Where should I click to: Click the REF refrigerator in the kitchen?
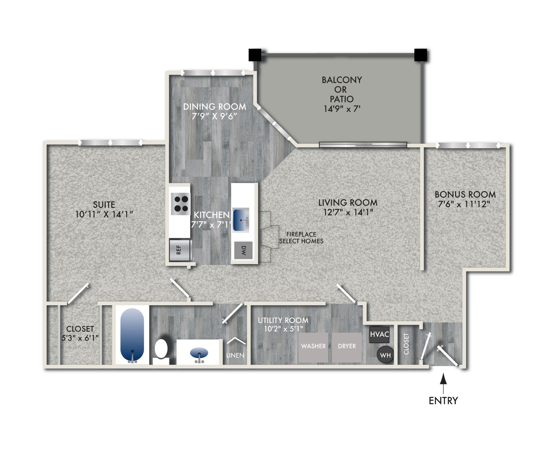[x=180, y=250]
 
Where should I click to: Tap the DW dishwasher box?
[x=243, y=250]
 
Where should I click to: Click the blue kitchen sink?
[x=241, y=220]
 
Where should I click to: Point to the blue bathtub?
[x=132, y=334]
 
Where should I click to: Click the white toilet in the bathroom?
[x=161, y=349]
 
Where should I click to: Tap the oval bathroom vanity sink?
[x=199, y=352]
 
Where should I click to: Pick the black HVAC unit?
[x=379, y=334]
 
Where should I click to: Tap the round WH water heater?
[x=385, y=355]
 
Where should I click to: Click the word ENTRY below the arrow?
[x=443, y=401]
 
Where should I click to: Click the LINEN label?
[x=235, y=355]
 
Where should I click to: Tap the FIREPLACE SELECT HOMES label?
[x=301, y=238]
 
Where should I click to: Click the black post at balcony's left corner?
[x=255, y=55]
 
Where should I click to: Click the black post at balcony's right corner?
[x=420, y=55]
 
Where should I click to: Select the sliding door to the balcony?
[x=363, y=145]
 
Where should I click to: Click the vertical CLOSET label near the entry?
[x=406, y=344]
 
